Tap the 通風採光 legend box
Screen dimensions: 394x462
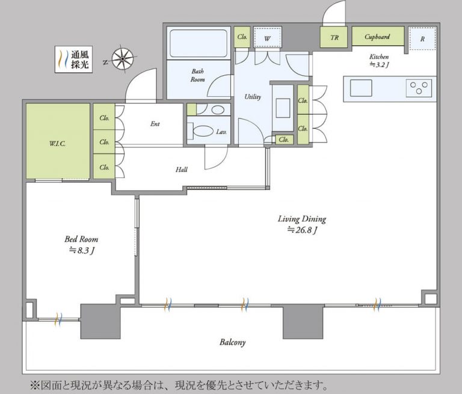73,60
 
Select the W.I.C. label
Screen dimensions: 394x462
58,143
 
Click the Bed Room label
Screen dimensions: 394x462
81,239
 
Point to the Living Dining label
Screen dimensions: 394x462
301,219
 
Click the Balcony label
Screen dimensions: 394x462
232,342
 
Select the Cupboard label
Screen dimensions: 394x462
377,37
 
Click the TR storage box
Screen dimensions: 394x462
334,37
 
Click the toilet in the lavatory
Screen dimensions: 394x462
202,132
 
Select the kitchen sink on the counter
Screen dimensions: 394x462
361,88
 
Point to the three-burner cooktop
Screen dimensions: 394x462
418,88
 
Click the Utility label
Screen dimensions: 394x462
253,96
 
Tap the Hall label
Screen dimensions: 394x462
181,170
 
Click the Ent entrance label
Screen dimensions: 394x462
155,125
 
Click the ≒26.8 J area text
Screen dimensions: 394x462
301,230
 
